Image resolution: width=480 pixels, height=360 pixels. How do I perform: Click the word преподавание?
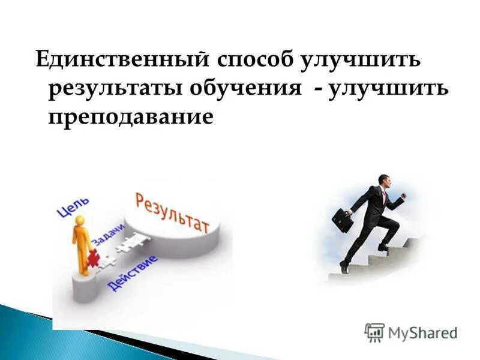(x=130, y=116)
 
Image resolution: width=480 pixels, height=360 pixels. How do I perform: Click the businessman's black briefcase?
(x=343, y=220)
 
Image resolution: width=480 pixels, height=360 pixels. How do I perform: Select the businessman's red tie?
(x=382, y=195)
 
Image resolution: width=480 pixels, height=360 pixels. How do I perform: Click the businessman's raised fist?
(x=403, y=196)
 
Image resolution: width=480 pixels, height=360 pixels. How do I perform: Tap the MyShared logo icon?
(x=374, y=332)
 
